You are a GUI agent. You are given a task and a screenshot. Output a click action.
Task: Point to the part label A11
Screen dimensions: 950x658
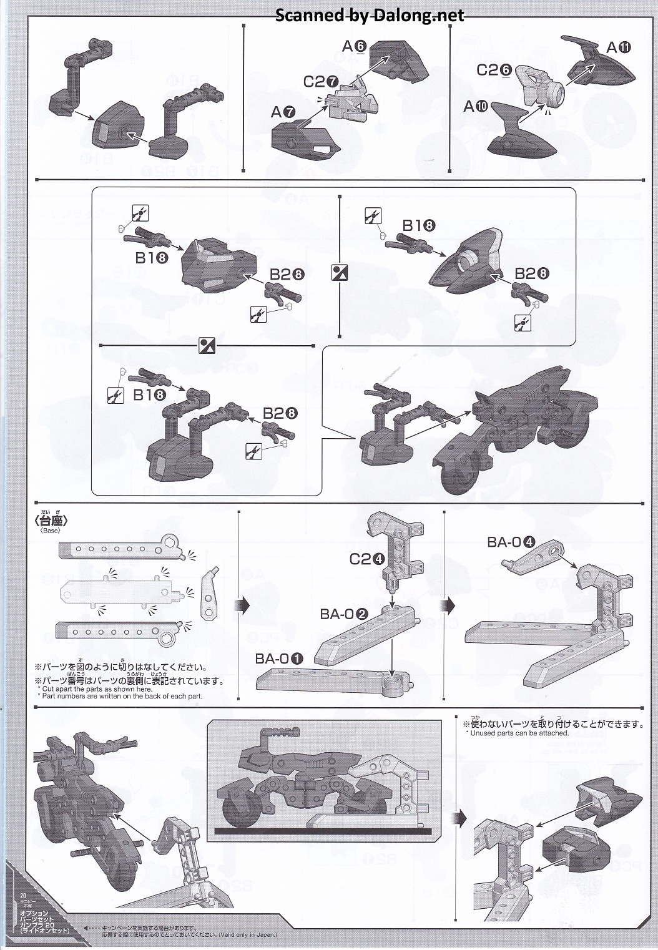[619, 47]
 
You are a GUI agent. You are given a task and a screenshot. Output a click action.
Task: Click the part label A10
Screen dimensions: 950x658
[476, 107]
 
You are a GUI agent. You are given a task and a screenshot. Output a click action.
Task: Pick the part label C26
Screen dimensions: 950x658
[494, 71]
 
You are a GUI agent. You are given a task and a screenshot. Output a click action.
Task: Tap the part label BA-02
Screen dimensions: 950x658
[344, 614]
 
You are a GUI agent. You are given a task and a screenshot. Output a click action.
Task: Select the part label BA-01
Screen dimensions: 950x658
[279, 659]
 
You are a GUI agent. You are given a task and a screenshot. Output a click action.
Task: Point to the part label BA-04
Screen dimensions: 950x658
[511, 542]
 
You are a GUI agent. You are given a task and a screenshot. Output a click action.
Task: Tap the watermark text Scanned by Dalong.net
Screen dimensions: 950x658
[370, 15]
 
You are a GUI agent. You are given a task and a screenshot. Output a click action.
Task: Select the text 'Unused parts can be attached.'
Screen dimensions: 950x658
[516, 733]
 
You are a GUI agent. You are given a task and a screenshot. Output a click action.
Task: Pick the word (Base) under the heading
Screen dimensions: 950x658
[50, 532]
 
